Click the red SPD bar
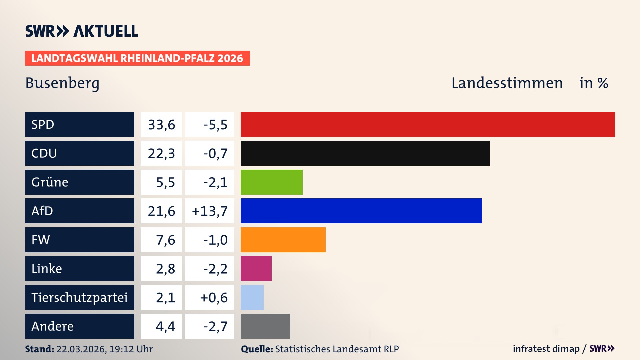tap(428, 124)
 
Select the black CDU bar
tap(365, 153)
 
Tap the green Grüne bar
tap(271, 182)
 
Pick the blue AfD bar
tap(361, 211)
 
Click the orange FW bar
tap(283, 240)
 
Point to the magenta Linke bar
tap(256, 268)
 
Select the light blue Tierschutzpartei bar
tap(252, 297)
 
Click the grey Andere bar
tap(265, 326)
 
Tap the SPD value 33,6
tap(161, 125)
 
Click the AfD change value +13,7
tap(210, 211)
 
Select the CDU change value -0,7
tap(215, 153)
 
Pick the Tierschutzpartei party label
tap(79, 297)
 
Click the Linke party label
tap(47, 268)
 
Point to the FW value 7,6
tap(165, 240)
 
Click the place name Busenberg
tap(62, 83)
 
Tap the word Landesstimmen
tap(507, 83)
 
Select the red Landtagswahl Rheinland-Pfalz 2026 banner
tap(137, 58)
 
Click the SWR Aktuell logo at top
tap(82, 31)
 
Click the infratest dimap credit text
tap(546, 349)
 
